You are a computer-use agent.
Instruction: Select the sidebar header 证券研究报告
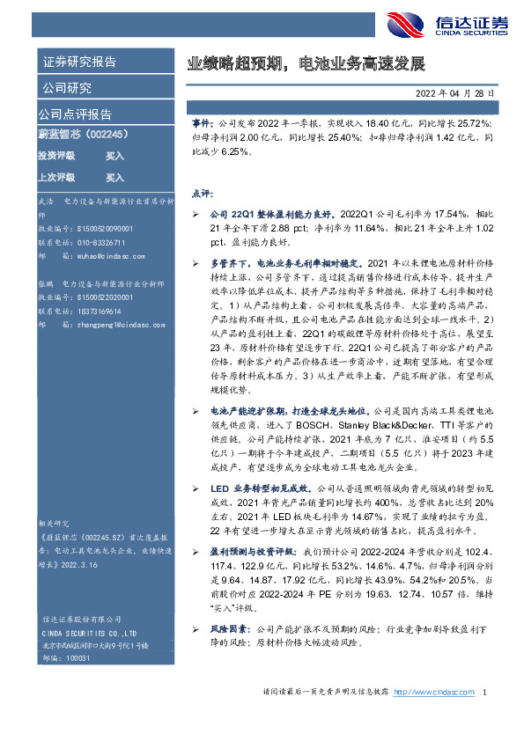click(78, 62)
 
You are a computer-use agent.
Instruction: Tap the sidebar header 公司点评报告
click(75, 114)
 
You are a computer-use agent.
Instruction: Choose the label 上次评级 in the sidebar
click(55, 177)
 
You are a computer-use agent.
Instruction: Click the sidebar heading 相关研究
click(55, 522)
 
